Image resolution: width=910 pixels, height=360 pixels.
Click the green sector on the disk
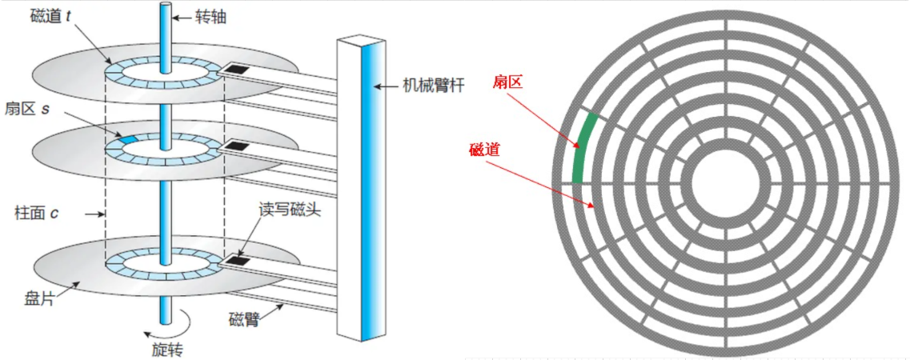point(583,149)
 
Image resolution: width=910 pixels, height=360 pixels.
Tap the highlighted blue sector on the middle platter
point(128,140)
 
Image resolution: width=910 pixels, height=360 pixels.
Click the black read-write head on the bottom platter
point(236,260)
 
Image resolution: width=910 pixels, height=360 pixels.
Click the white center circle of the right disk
point(727,182)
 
